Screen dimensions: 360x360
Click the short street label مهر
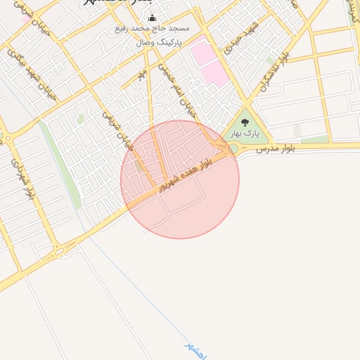click(x=142, y=72)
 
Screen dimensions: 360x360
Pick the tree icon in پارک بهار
click(x=245, y=122)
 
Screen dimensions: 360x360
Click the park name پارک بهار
click(x=245, y=133)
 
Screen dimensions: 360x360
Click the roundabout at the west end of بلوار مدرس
click(x=233, y=149)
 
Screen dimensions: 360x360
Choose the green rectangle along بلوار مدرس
click(x=314, y=139)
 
